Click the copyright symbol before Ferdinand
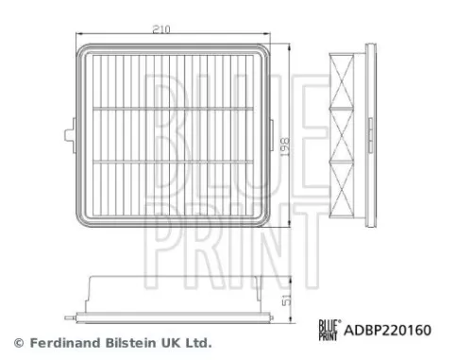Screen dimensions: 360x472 click(x=16, y=342)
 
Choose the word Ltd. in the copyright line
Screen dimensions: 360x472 click(x=195, y=342)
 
